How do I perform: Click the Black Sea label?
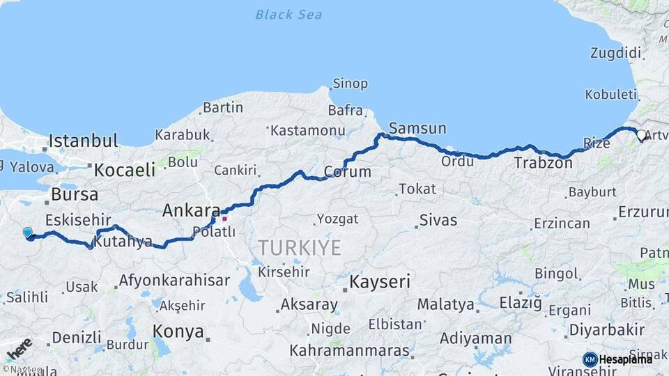(289, 15)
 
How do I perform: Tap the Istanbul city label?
(83, 141)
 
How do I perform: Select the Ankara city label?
(191, 210)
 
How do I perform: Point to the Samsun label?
(417, 128)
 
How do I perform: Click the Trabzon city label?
(543, 164)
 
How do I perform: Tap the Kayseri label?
(380, 282)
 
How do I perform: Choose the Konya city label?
(178, 331)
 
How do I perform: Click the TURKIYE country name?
(300, 247)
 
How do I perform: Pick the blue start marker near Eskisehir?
(27, 233)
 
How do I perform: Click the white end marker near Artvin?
(641, 134)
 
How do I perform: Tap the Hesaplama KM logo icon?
(590, 359)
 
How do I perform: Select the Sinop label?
(350, 84)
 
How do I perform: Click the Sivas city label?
(438, 221)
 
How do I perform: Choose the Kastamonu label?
(308, 130)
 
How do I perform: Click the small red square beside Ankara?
(224, 219)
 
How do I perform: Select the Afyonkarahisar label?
(174, 281)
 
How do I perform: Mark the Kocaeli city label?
(125, 169)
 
